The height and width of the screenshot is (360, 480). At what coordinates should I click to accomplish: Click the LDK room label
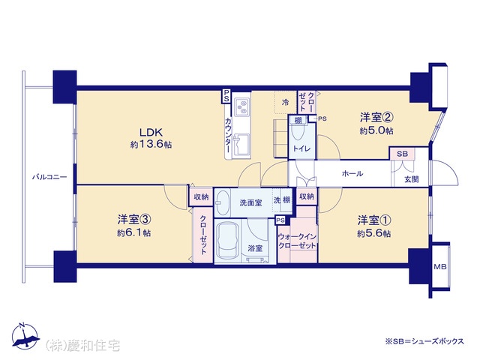pos(151,133)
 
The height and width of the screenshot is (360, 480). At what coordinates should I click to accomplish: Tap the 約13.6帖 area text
pos(151,145)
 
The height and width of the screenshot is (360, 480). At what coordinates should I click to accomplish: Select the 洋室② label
pos(376,117)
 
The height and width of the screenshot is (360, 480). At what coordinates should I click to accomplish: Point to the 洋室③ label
pos(134,219)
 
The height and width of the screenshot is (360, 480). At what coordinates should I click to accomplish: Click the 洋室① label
pos(374,220)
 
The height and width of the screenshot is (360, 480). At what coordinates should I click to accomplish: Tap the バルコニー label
pos(49,177)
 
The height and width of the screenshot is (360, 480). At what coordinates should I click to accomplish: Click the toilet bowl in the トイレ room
pos(297,133)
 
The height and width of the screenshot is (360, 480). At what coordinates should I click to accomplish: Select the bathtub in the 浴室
pos(227,241)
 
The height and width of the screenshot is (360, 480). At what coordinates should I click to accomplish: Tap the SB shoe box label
pos(402,154)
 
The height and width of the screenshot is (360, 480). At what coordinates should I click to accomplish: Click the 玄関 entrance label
pos(412,179)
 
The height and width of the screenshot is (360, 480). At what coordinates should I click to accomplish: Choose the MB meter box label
pos(440,267)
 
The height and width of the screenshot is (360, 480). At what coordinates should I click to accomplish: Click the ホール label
pos(352,173)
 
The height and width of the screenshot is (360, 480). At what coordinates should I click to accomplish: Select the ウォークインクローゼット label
pos(297,241)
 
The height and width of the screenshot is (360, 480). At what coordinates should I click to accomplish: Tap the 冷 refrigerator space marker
pos(285,102)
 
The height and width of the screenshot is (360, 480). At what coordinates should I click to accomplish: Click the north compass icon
pos(25,336)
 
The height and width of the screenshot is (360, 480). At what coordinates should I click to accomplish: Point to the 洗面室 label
pos(250,202)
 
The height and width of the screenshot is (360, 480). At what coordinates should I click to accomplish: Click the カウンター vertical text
pos(228,135)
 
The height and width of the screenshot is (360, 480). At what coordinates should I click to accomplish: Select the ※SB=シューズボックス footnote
pos(424,341)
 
